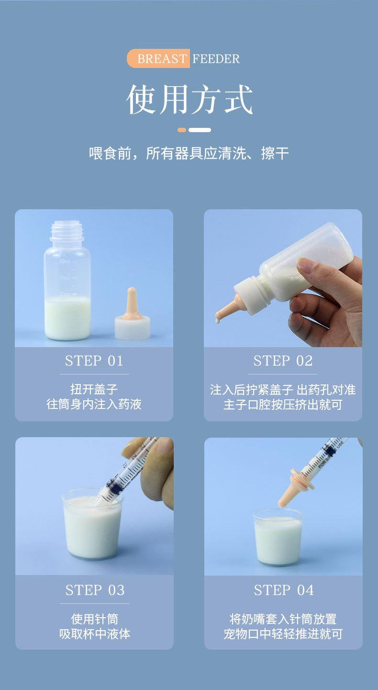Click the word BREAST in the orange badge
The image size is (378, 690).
pos(162,58)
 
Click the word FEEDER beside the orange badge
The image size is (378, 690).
pos(216,58)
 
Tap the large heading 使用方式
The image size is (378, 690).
pos(189,99)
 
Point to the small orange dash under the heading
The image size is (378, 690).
pos(182,130)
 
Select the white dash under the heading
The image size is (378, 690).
pos(200,130)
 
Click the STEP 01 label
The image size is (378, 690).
pos(94,361)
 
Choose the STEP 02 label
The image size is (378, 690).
pos(283,361)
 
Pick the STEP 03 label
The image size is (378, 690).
pos(95,590)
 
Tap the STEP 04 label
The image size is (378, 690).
pos(284,590)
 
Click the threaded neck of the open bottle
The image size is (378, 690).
pos(67,231)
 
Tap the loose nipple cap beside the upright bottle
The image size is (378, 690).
pos(133,314)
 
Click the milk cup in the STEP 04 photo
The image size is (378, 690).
pos(278,537)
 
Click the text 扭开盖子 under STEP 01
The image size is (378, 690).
pos(94,389)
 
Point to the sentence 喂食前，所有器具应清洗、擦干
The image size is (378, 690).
pos(189,153)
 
